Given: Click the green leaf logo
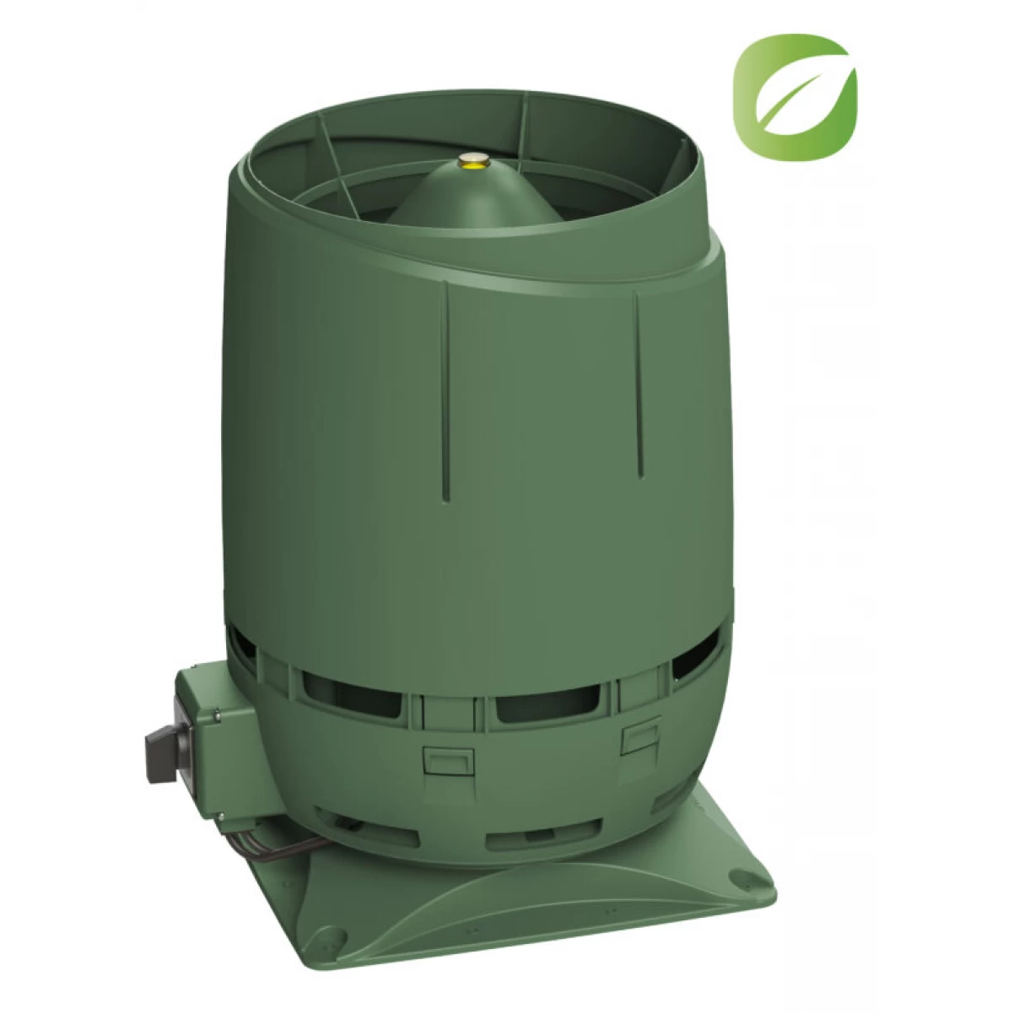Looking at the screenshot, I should click(794, 98).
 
